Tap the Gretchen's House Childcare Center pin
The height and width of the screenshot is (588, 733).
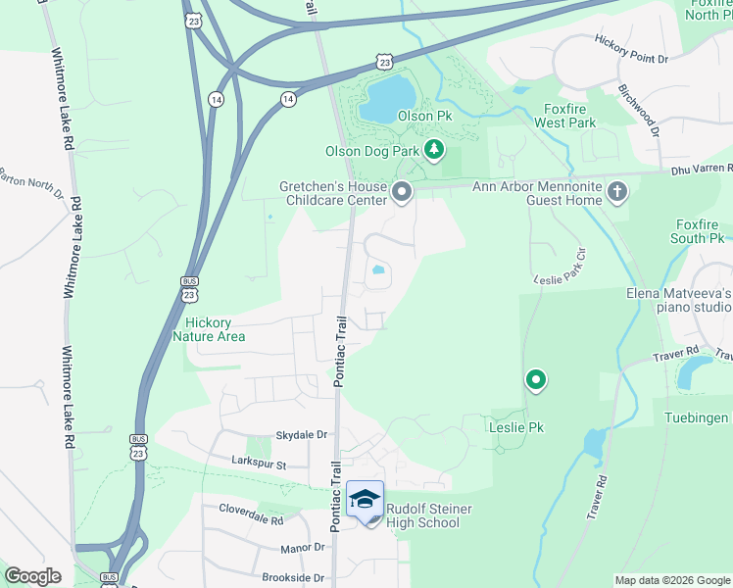[x=401, y=192]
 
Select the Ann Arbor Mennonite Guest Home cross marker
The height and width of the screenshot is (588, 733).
[x=616, y=191]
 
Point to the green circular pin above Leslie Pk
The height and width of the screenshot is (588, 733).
[x=535, y=378]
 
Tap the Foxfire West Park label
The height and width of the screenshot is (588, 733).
[x=564, y=116]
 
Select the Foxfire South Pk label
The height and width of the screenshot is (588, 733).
[x=698, y=231]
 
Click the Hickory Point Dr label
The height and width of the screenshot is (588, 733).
[x=631, y=48]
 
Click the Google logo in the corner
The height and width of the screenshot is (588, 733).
[x=32, y=576]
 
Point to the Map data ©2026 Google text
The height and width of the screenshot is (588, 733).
[x=671, y=580]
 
